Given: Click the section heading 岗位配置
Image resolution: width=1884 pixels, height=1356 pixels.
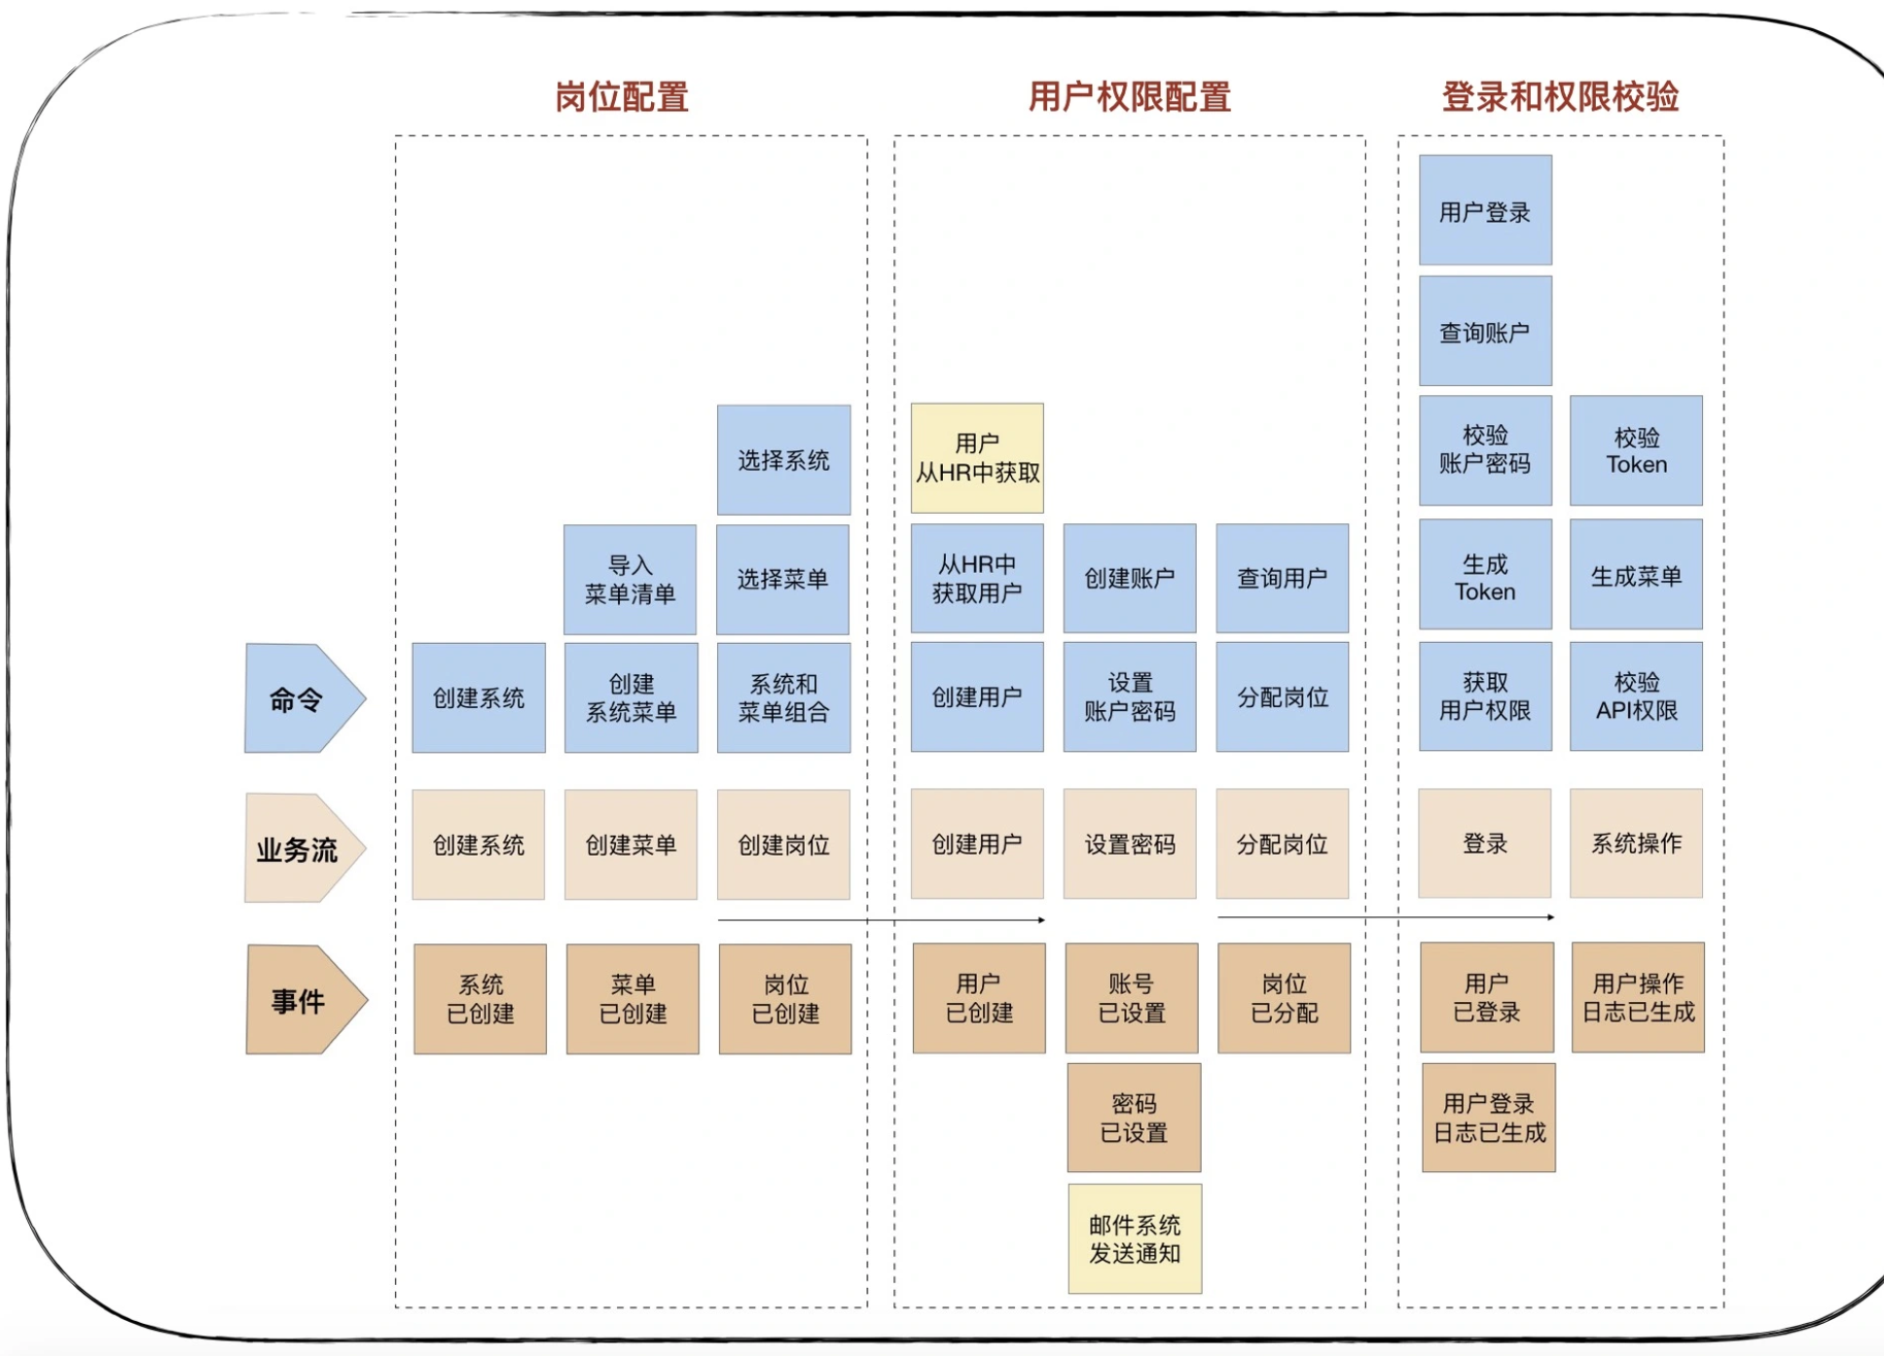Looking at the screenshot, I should [x=622, y=97].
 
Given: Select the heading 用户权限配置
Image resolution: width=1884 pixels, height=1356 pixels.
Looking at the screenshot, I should [x=1129, y=97].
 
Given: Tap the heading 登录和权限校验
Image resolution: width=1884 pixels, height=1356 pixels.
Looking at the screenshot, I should [x=1560, y=97].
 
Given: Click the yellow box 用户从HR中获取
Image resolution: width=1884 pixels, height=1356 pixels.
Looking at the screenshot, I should [x=977, y=458].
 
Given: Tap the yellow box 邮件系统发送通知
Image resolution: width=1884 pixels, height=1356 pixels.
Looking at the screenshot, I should [x=1135, y=1238].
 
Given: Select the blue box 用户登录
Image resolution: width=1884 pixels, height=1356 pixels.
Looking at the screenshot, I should [x=1485, y=210].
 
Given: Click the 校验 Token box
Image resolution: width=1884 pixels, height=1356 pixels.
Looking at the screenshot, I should [x=1636, y=450].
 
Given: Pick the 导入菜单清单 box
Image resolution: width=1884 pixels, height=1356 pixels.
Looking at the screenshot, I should [x=630, y=580].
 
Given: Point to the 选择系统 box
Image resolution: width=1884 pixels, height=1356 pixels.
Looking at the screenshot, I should [x=783, y=460].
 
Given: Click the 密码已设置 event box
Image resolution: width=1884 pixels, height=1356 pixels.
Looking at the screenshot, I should [x=1134, y=1118].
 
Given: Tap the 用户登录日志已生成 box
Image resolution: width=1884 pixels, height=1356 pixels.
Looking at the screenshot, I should [x=1489, y=1118].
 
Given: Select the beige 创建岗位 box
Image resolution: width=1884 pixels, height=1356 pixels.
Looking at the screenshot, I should [x=783, y=844].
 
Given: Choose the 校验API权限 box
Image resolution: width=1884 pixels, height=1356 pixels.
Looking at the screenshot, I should [x=1636, y=696].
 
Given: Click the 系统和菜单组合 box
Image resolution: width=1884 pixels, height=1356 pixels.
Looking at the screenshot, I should [x=783, y=697].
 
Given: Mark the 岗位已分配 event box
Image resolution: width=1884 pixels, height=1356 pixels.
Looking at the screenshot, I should [x=1284, y=998].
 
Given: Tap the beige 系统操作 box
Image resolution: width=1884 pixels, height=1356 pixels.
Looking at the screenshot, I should [x=1636, y=843].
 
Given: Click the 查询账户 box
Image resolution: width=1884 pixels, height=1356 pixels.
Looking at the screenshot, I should [x=1485, y=332].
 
